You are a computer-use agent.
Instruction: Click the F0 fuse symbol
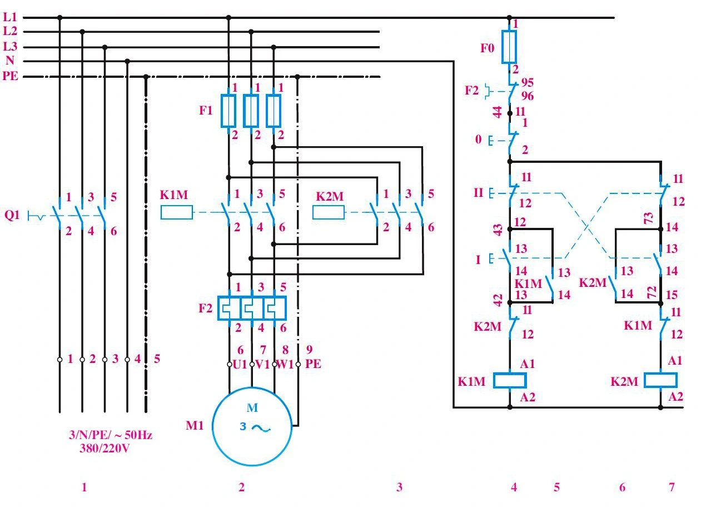pyautogui.click(x=509, y=47)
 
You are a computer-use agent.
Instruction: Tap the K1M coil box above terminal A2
pyautogui.click(x=510, y=380)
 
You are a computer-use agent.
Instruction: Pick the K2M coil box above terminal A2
pyautogui.click(x=660, y=380)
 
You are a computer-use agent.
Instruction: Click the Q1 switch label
pyautogui.click(x=12, y=215)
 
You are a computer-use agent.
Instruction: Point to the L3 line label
pyautogui.click(x=10, y=46)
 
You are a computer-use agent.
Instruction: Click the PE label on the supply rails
pyautogui.click(x=11, y=76)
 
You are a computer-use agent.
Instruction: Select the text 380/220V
pyautogui.click(x=105, y=449)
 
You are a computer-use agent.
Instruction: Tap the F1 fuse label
pyautogui.click(x=206, y=111)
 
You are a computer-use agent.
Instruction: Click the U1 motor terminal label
pyautogui.click(x=240, y=365)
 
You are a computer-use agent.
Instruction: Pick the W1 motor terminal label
pyautogui.click(x=285, y=365)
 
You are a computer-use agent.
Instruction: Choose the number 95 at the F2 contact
pyautogui.click(x=528, y=83)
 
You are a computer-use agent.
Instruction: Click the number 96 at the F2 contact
pyautogui.click(x=528, y=96)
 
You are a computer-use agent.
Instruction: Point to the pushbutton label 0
pyautogui.click(x=478, y=139)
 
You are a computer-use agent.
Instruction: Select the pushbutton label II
pyautogui.click(x=479, y=193)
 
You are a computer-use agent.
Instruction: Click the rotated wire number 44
pyautogui.click(x=498, y=112)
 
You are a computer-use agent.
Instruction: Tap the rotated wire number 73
pyautogui.click(x=648, y=218)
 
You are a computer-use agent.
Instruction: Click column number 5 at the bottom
pyautogui.click(x=556, y=487)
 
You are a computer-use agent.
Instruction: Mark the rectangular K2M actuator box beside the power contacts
pyautogui.click(x=329, y=212)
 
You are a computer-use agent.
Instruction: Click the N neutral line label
pyautogui.click(x=10, y=60)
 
